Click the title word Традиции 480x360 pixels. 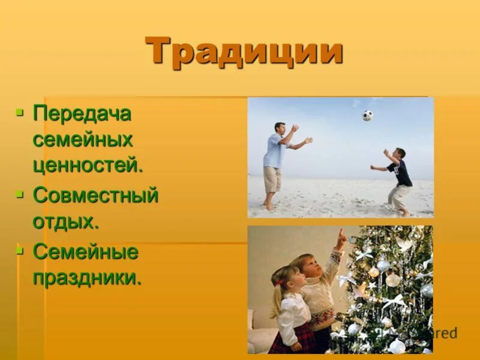click(244, 52)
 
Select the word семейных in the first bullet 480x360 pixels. click(83, 140)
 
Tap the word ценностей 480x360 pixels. click(88, 166)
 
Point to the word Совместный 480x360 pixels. click(96, 195)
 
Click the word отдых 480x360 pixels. click(65, 221)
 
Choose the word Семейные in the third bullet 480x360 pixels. click(86, 252)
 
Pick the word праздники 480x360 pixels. click(88, 278)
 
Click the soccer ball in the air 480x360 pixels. click(367, 115)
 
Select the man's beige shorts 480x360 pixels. click(272, 179)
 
